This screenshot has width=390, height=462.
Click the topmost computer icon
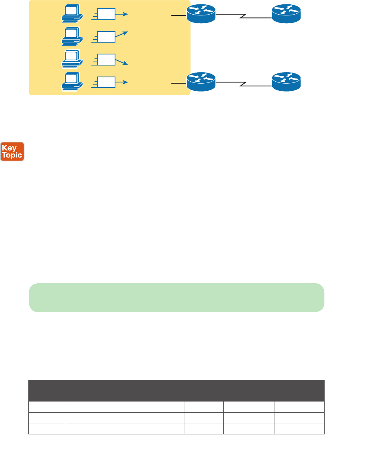72,13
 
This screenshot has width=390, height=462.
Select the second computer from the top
72,36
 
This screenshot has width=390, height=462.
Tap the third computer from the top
72,58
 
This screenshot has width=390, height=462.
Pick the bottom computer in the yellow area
72,81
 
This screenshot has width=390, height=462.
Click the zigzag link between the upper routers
243,16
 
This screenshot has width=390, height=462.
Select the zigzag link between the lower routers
243,84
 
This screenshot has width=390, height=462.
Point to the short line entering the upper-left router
179,15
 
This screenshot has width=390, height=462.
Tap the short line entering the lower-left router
179,83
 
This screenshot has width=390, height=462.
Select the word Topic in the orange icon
12,155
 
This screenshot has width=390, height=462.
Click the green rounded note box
176,297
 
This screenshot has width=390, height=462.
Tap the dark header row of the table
176,391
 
